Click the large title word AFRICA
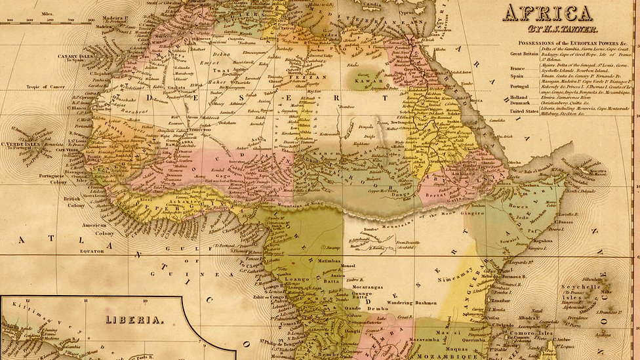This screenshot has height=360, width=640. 548,12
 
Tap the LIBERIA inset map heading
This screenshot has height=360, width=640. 134,319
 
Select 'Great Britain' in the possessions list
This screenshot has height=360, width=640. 525,54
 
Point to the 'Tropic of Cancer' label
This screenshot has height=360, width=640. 47,87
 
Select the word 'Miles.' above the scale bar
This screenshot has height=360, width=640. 47,12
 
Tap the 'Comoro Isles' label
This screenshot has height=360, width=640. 531,333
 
